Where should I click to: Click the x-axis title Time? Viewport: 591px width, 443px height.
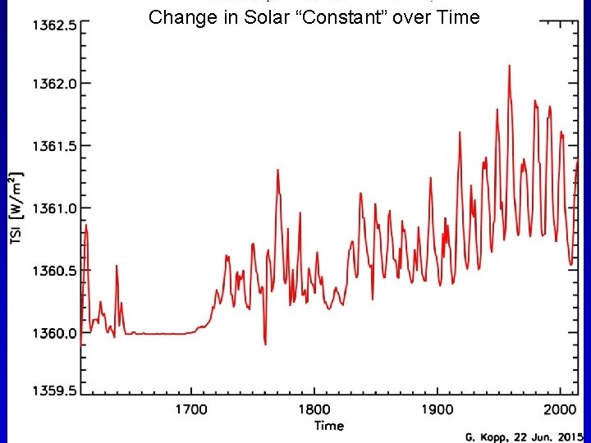(x=328, y=425)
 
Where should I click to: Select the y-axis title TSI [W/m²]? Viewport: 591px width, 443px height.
(x=16, y=209)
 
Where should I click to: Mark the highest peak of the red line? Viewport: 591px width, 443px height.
(x=509, y=66)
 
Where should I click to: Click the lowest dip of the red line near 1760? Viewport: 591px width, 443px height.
(x=265, y=344)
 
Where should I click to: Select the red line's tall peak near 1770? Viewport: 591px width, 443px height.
(x=278, y=170)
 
